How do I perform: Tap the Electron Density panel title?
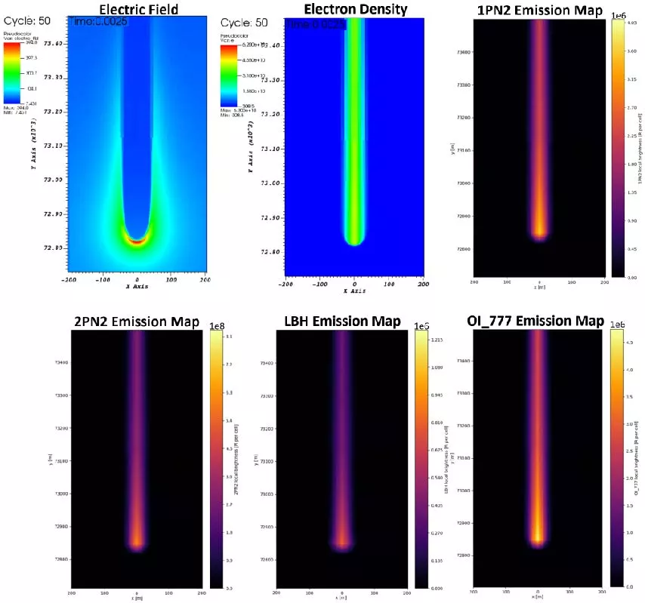pyautogui.click(x=355, y=10)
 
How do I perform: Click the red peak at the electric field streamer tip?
pyautogui.click(x=137, y=242)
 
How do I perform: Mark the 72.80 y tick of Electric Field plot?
pyautogui.click(x=54, y=248)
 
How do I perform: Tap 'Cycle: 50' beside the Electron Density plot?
pyautogui.click(x=243, y=23)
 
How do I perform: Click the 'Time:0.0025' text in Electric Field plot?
pyautogui.click(x=97, y=22)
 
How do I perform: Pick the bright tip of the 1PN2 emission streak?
pyautogui.click(x=539, y=230)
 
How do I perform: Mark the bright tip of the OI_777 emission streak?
pyautogui.click(x=538, y=537)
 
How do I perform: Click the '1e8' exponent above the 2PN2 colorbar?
pyautogui.click(x=216, y=325)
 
